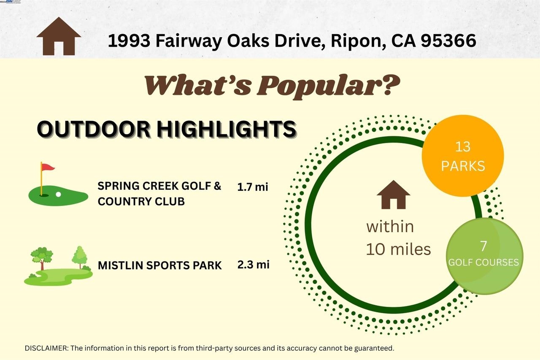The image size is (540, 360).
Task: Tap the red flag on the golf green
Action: (48, 168)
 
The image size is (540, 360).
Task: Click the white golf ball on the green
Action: (58, 195)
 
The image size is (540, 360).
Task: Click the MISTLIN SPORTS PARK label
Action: (159, 265)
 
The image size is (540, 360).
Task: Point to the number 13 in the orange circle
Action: (463, 147)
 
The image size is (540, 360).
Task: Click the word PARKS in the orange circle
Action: (463, 165)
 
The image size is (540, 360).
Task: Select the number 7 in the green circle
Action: (483, 246)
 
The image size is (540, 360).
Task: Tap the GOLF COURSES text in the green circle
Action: (483, 263)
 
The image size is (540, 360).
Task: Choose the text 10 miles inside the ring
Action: (398, 249)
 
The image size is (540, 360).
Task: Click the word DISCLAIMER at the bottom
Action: (46, 349)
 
